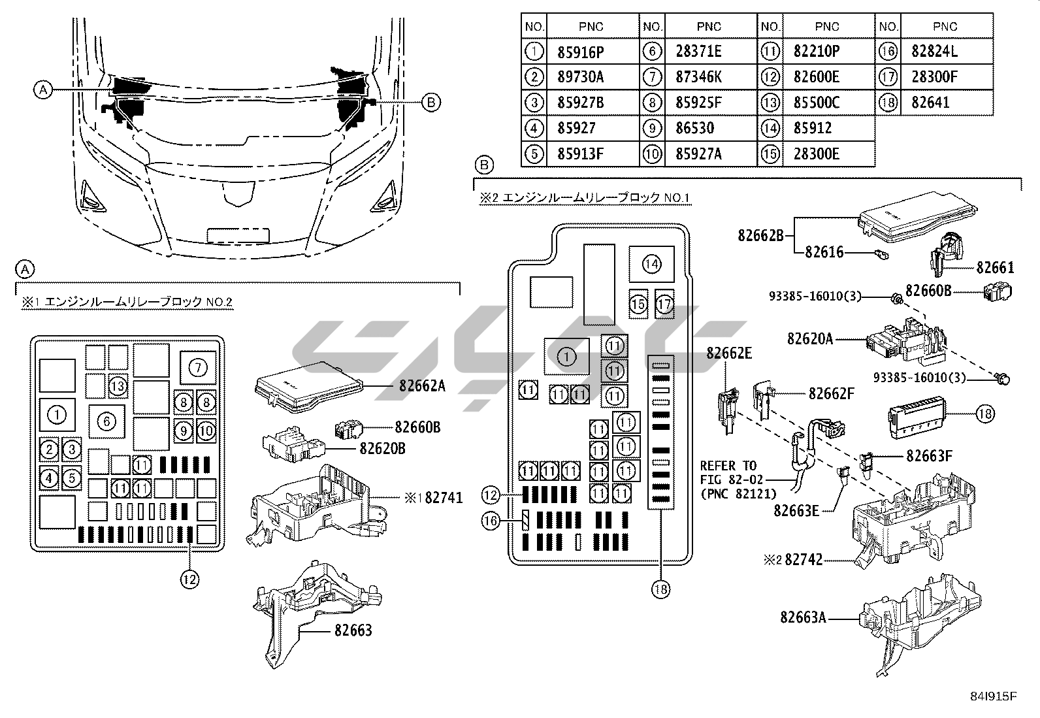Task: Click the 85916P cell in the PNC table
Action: coord(580,52)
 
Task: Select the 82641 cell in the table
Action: coord(930,103)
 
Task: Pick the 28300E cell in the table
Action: coord(816,154)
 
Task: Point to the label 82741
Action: coord(444,498)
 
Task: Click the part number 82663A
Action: coord(803,617)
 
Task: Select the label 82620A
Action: coord(810,338)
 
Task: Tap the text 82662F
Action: coord(832,393)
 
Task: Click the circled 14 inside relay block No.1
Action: coord(651,264)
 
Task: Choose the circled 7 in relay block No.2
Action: coord(198,368)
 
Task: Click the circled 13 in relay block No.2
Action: coord(118,386)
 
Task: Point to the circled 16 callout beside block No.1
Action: coord(491,520)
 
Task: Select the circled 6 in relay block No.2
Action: coord(106,421)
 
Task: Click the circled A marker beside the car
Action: coord(43,90)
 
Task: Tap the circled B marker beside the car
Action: coord(430,102)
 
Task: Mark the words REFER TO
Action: coord(728,466)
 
